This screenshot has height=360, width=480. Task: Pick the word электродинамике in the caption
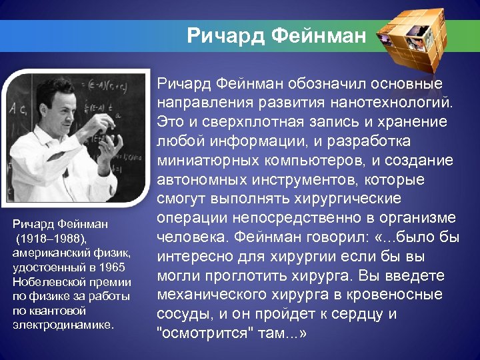[64, 325]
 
